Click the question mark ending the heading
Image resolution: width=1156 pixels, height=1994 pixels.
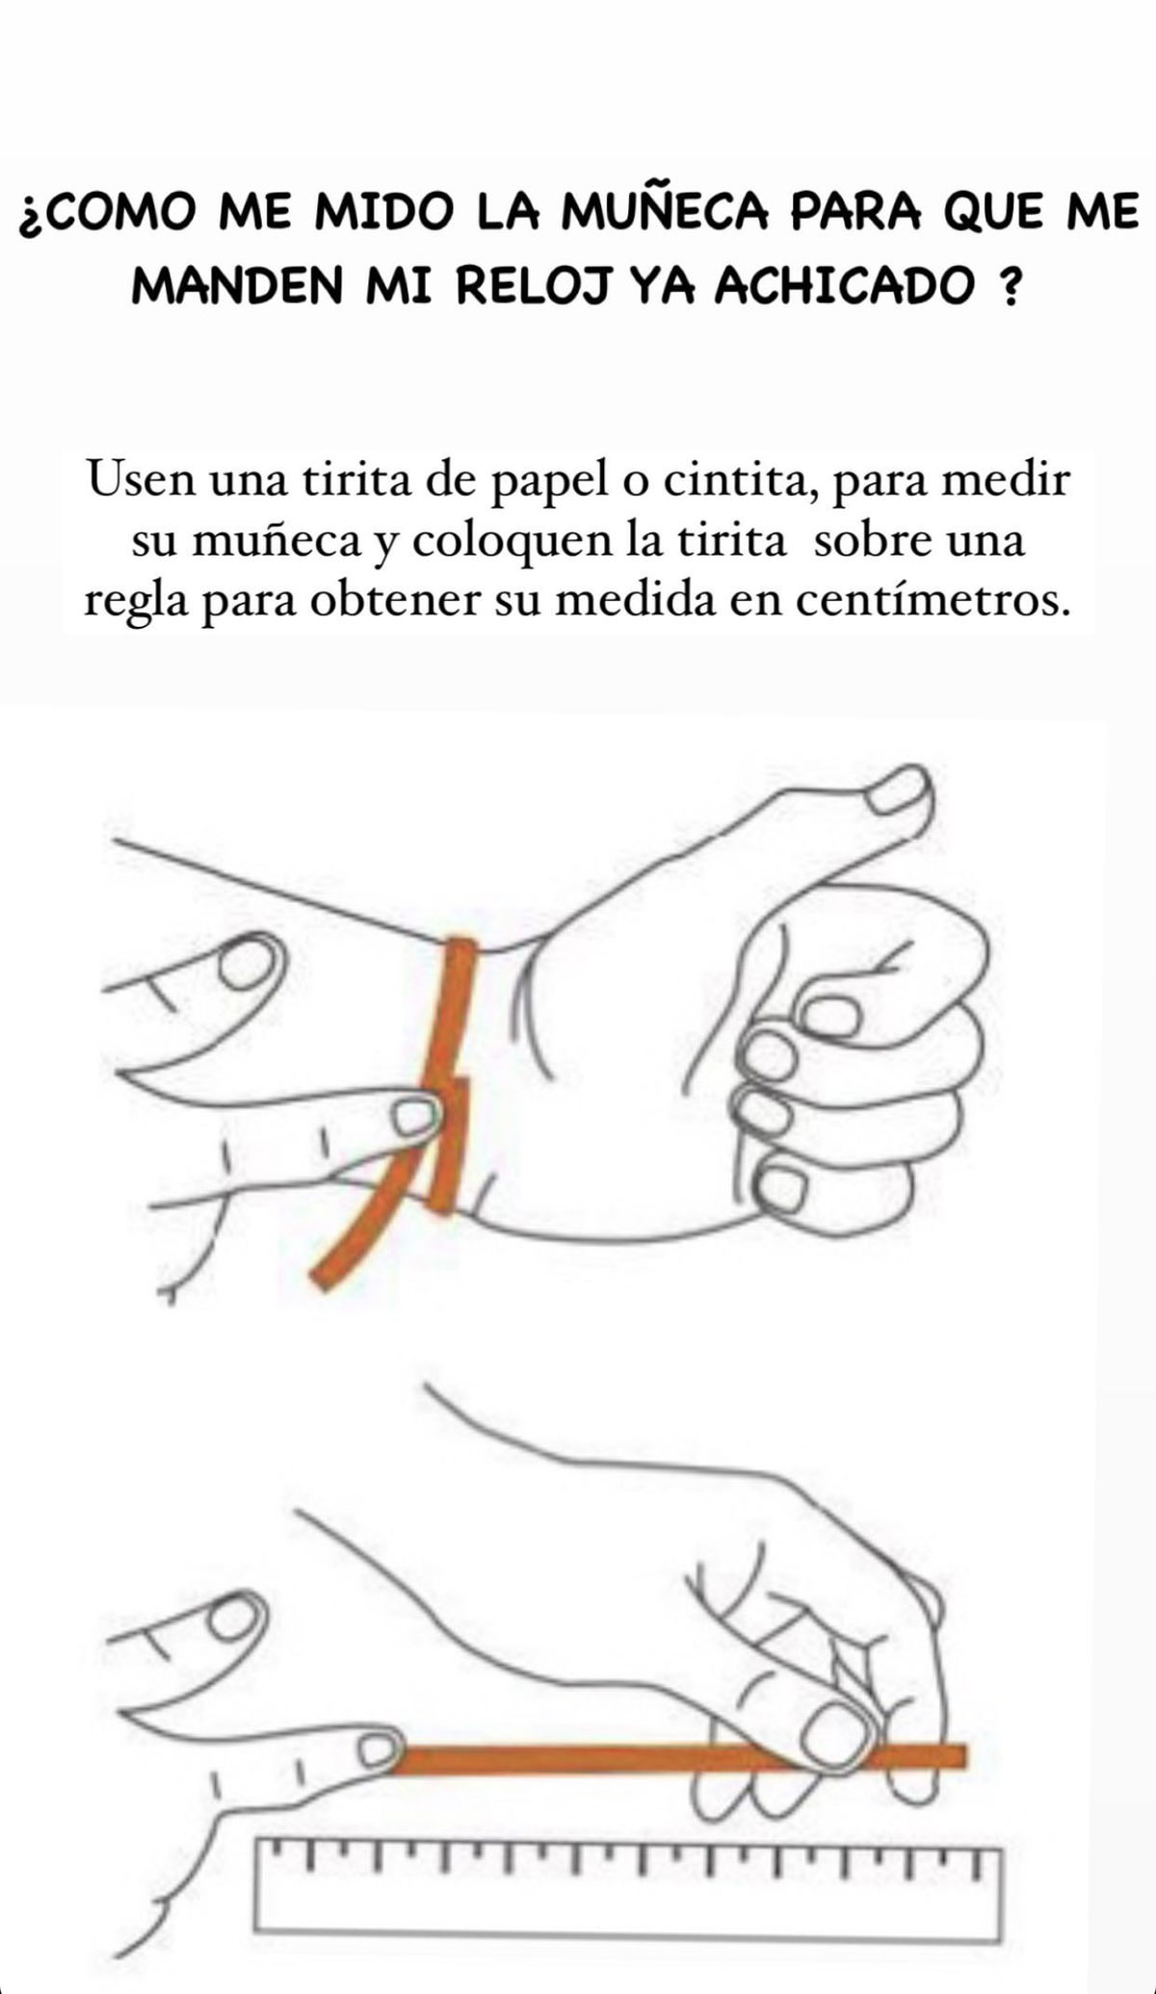point(1009,286)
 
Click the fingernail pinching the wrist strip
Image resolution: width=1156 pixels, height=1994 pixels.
point(415,1118)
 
